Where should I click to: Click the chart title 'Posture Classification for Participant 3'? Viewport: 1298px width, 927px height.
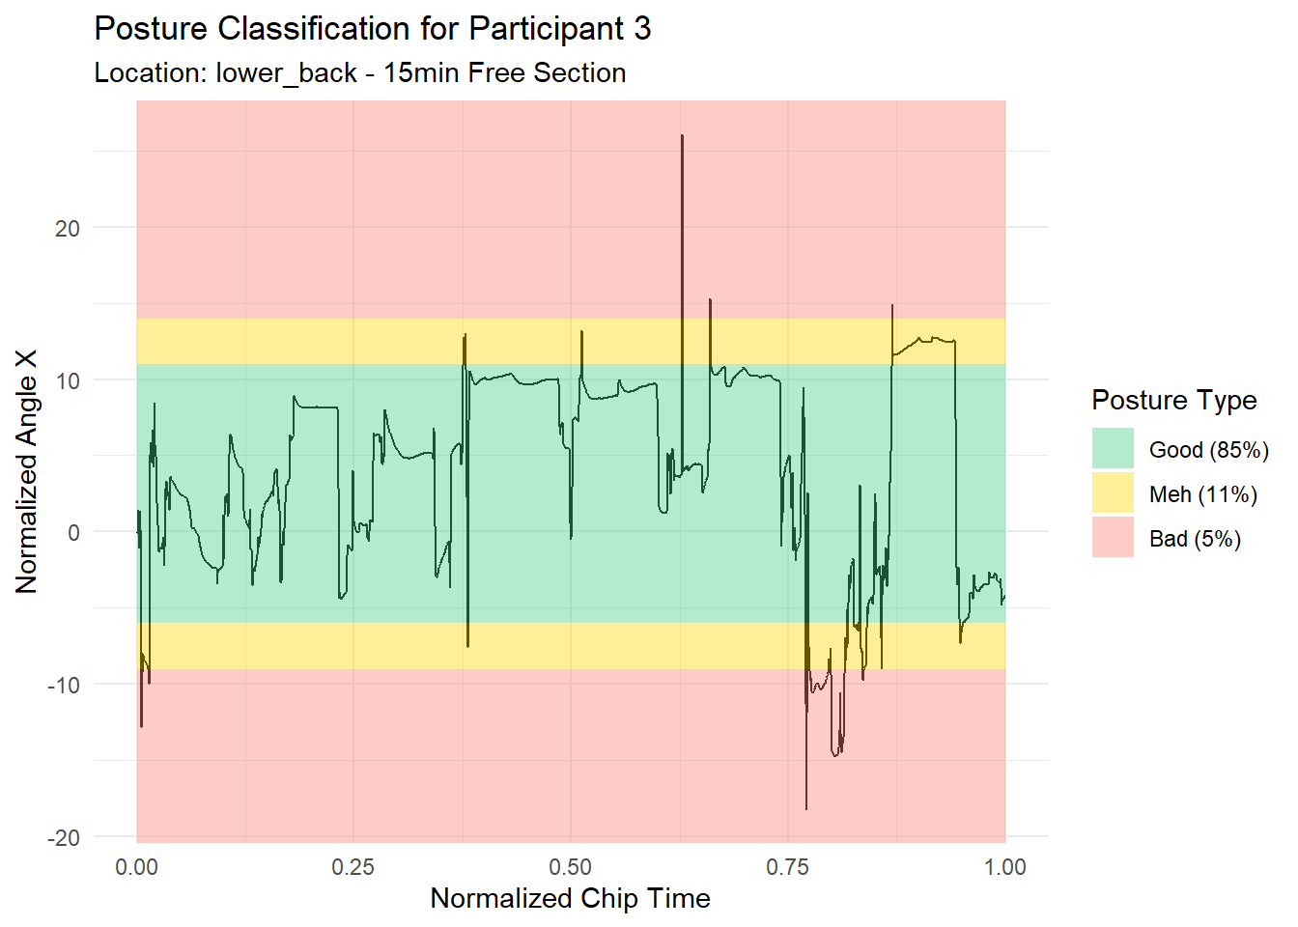pos(372,29)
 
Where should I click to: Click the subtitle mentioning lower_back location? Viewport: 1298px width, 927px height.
pos(359,73)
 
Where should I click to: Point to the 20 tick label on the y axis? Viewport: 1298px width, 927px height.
pos(67,229)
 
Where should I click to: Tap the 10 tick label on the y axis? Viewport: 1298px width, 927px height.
pos(67,380)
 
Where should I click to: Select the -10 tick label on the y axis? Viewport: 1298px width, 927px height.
pos(64,685)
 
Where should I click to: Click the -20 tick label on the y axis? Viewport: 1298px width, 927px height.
pos(64,837)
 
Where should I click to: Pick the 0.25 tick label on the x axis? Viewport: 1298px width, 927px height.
pos(353,867)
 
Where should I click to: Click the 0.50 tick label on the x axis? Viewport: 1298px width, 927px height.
pos(571,867)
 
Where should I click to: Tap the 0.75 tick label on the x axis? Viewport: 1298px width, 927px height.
pos(788,867)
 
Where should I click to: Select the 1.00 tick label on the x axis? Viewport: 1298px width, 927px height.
pos(1005,867)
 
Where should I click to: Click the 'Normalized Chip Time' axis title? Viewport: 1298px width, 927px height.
pos(570,899)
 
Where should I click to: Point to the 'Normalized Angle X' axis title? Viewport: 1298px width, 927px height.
pos(26,471)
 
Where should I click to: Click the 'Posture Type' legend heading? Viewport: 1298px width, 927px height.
pos(1173,400)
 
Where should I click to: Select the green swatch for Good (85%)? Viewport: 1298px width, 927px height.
pos(1113,449)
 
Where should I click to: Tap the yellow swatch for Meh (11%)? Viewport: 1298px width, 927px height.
pos(1113,493)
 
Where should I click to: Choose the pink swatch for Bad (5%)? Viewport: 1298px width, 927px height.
pos(1113,538)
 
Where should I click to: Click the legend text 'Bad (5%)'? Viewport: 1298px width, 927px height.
pos(1195,539)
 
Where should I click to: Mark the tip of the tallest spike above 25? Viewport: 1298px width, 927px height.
pos(682,135)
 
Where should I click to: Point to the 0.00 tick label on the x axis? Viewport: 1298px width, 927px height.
pos(136,867)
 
